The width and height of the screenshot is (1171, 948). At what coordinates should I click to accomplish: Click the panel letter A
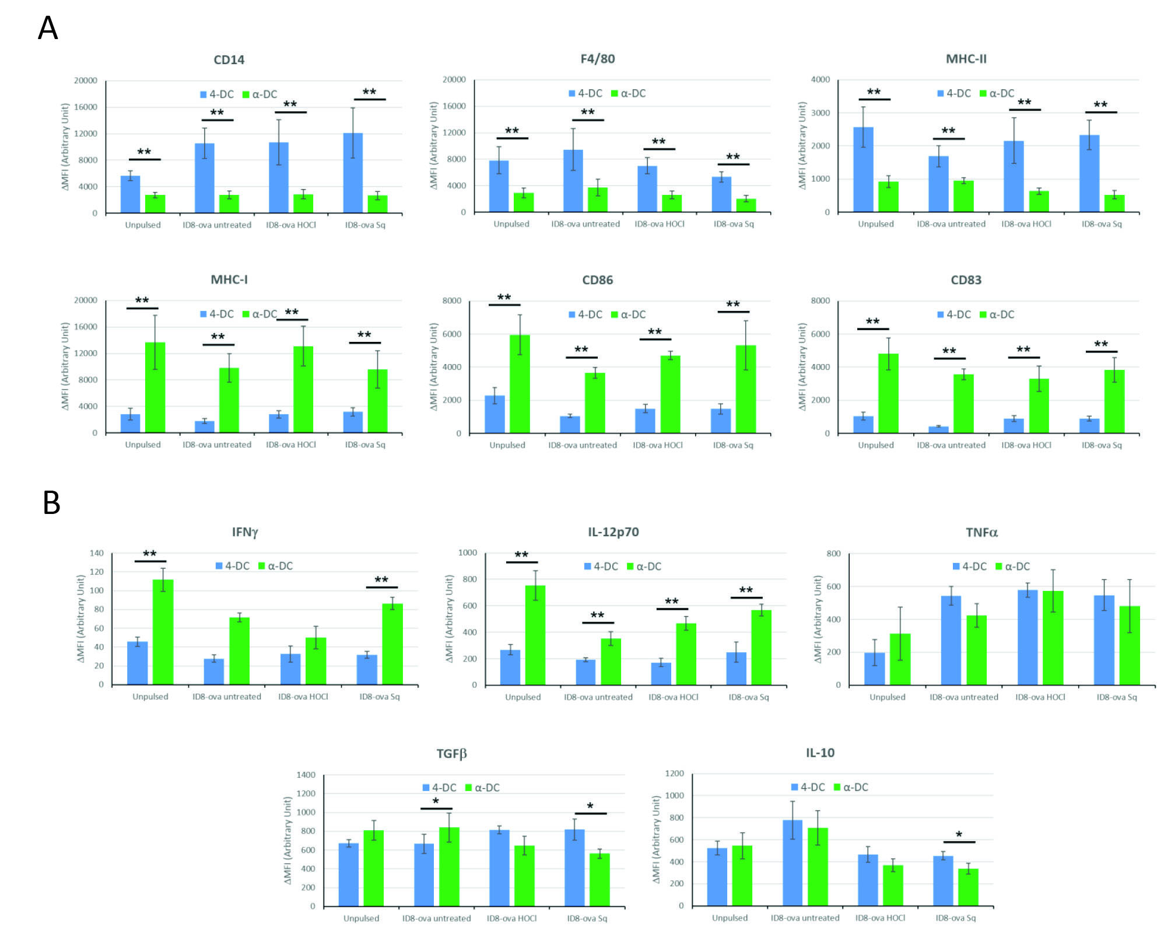point(48,28)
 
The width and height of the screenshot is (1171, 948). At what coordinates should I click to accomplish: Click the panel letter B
point(51,502)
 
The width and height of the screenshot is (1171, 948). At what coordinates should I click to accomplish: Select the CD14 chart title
point(229,60)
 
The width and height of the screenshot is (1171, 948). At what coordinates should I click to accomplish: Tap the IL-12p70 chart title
point(613,532)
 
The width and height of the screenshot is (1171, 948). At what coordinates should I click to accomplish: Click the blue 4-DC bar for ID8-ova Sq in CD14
point(353,173)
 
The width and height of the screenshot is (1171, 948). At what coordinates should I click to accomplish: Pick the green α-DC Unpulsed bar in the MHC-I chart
point(155,387)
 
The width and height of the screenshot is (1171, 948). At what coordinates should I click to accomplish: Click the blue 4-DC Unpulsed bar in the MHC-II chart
point(863,169)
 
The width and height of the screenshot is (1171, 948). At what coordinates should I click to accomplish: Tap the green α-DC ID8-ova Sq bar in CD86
point(745,389)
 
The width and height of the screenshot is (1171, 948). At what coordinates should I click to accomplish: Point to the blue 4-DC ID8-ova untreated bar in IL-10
point(792,863)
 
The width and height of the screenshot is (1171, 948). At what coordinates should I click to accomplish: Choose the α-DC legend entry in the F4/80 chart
point(628,93)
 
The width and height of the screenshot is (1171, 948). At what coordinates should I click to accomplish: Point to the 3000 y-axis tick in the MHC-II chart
point(820,113)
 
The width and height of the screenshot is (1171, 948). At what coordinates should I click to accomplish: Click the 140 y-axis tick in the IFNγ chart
point(96,553)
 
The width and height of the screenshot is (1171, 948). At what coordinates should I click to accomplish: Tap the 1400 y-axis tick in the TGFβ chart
point(306,775)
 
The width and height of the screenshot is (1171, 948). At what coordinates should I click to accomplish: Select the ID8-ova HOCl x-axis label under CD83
point(1026,445)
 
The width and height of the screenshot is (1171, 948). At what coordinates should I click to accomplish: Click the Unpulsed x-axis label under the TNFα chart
point(887,697)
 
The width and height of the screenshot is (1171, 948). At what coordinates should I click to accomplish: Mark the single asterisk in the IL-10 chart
point(959,835)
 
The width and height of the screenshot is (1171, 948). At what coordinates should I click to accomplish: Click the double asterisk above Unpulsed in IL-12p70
point(521,555)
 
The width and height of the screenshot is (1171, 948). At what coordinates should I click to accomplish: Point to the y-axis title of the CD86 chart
point(433,366)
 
